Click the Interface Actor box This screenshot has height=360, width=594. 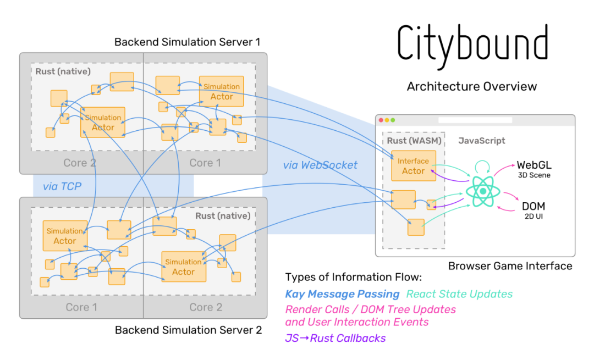tap(414, 166)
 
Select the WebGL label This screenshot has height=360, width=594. tap(534, 165)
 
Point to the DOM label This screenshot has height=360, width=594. tap(533, 207)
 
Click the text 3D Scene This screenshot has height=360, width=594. tap(534, 175)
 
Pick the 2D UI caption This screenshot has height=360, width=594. tap(533, 216)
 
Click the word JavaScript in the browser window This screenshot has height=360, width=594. tap(482, 141)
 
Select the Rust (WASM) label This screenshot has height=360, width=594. tap(413, 141)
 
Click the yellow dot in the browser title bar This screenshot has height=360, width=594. tap(387, 120)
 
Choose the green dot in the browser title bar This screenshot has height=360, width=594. tap(393, 120)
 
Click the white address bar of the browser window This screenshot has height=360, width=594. tap(475, 120)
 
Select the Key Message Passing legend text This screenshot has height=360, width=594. tap(342, 294)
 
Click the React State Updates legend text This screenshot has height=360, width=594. tap(459, 294)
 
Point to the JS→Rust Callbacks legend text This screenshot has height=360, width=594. tap(335, 338)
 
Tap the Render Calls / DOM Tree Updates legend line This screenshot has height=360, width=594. tap(370, 309)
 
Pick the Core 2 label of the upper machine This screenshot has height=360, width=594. tap(80, 163)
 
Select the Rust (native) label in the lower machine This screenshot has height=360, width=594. tap(223, 215)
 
